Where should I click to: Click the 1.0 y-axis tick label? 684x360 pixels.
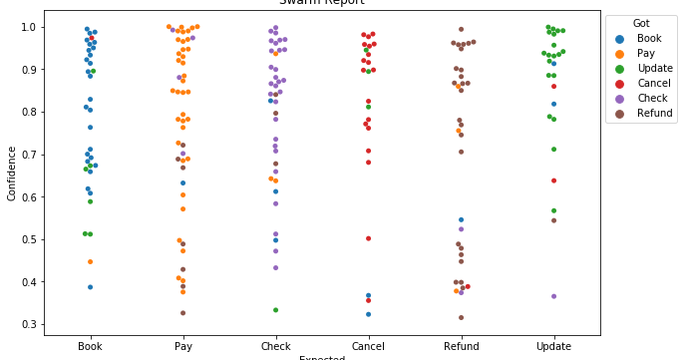coord(32,27)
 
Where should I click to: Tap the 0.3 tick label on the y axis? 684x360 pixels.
coord(32,324)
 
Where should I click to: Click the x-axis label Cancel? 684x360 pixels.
coord(368,346)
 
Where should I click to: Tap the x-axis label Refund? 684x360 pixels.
coord(461,346)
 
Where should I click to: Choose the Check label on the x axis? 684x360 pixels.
coord(275,346)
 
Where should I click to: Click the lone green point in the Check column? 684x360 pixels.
coord(275,310)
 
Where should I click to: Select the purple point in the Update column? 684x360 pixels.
coord(553,296)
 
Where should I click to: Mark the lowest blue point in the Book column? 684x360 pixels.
coord(90,287)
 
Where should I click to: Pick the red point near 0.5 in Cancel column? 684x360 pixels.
coord(368,238)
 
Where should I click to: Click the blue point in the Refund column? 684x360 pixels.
coord(461,219)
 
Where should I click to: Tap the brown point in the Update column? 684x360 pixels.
coord(553,220)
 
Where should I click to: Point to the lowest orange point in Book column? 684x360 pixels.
coord(90,261)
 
